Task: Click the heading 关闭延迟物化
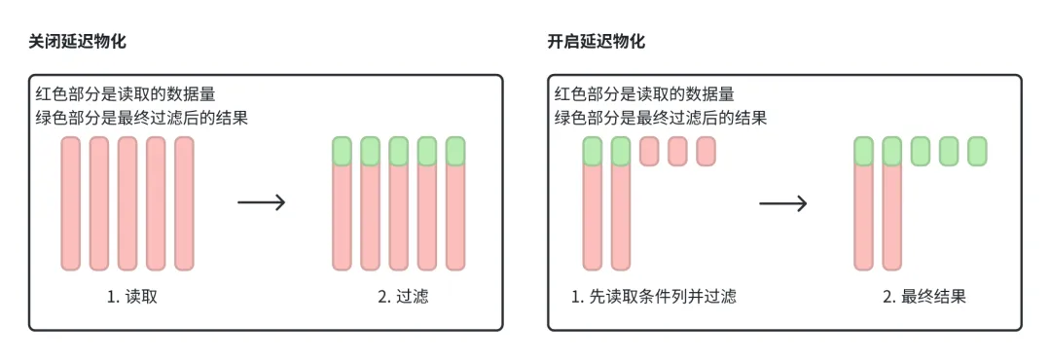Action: coord(77,42)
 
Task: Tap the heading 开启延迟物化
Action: coord(597,42)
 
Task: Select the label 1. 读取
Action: coord(132,297)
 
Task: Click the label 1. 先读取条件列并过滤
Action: coord(653,297)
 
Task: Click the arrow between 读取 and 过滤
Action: coord(261,202)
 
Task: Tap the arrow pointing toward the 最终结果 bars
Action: coord(783,202)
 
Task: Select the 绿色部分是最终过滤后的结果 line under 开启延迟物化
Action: coord(661,118)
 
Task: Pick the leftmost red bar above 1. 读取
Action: coord(70,202)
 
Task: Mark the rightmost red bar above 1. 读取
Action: coord(184,202)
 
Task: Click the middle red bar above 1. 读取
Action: coord(127,202)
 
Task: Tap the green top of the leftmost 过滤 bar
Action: coord(342,151)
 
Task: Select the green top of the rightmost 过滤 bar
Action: coord(455,151)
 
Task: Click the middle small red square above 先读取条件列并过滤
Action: coord(678,151)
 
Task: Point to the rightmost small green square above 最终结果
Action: coord(977,151)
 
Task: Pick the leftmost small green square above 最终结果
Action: coord(921,151)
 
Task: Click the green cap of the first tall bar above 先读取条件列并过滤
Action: coord(593,151)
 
